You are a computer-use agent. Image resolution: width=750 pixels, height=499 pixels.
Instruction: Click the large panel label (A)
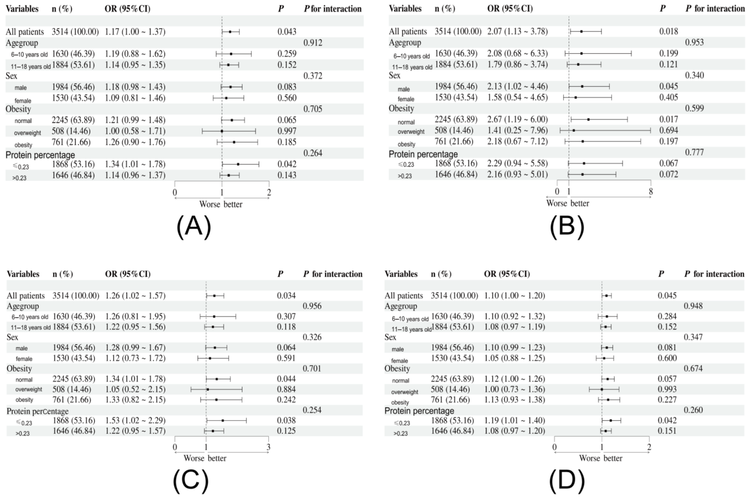pos(194,227)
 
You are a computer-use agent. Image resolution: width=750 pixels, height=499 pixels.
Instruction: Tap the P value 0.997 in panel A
pos(287,131)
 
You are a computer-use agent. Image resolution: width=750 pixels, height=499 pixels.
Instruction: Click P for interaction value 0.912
pos(313,43)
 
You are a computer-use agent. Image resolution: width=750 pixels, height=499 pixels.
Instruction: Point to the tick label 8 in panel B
pos(651,192)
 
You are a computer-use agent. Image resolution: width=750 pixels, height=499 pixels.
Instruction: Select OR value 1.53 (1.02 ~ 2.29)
pos(135,420)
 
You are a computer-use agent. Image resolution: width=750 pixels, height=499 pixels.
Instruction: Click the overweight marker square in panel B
pos(573,130)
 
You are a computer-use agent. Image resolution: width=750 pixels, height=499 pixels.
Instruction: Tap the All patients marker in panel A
pos(230,32)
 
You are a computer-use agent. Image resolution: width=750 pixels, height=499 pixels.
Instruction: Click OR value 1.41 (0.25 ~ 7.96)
pos(517,130)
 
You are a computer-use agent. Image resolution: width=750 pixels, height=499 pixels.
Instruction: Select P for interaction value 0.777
pos(694,152)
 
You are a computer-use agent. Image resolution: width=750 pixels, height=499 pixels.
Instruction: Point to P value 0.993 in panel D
pos(667,389)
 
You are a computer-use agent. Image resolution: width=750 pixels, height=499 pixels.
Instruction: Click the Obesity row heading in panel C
pos(19,369)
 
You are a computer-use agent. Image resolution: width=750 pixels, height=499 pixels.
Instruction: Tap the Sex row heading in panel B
pos(394,75)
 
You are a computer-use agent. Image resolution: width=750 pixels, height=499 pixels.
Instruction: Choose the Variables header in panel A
pos(22,9)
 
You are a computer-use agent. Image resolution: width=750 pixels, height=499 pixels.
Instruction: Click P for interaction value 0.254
pos(312,410)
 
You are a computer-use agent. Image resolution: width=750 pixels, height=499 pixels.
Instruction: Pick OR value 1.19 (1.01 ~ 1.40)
pos(514,420)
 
